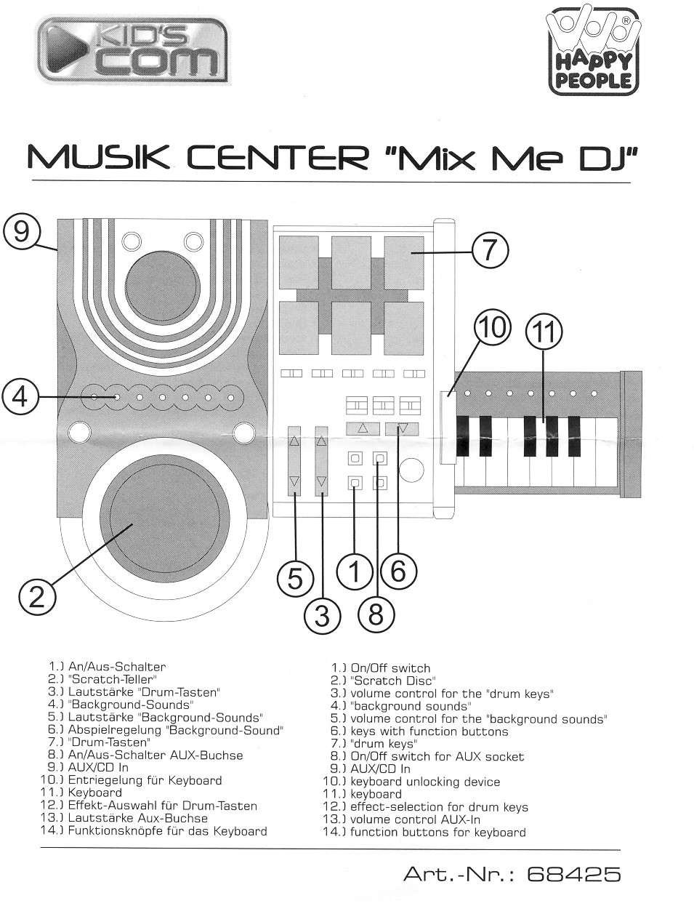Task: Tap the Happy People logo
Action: (594, 52)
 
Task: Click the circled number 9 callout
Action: (22, 232)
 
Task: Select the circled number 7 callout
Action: (490, 251)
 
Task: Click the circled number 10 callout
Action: (492, 328)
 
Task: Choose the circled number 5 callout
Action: (294, 578)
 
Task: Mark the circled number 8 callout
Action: (375, 615)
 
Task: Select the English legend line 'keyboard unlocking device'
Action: (424, 782)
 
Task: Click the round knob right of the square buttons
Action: (411, 470)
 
